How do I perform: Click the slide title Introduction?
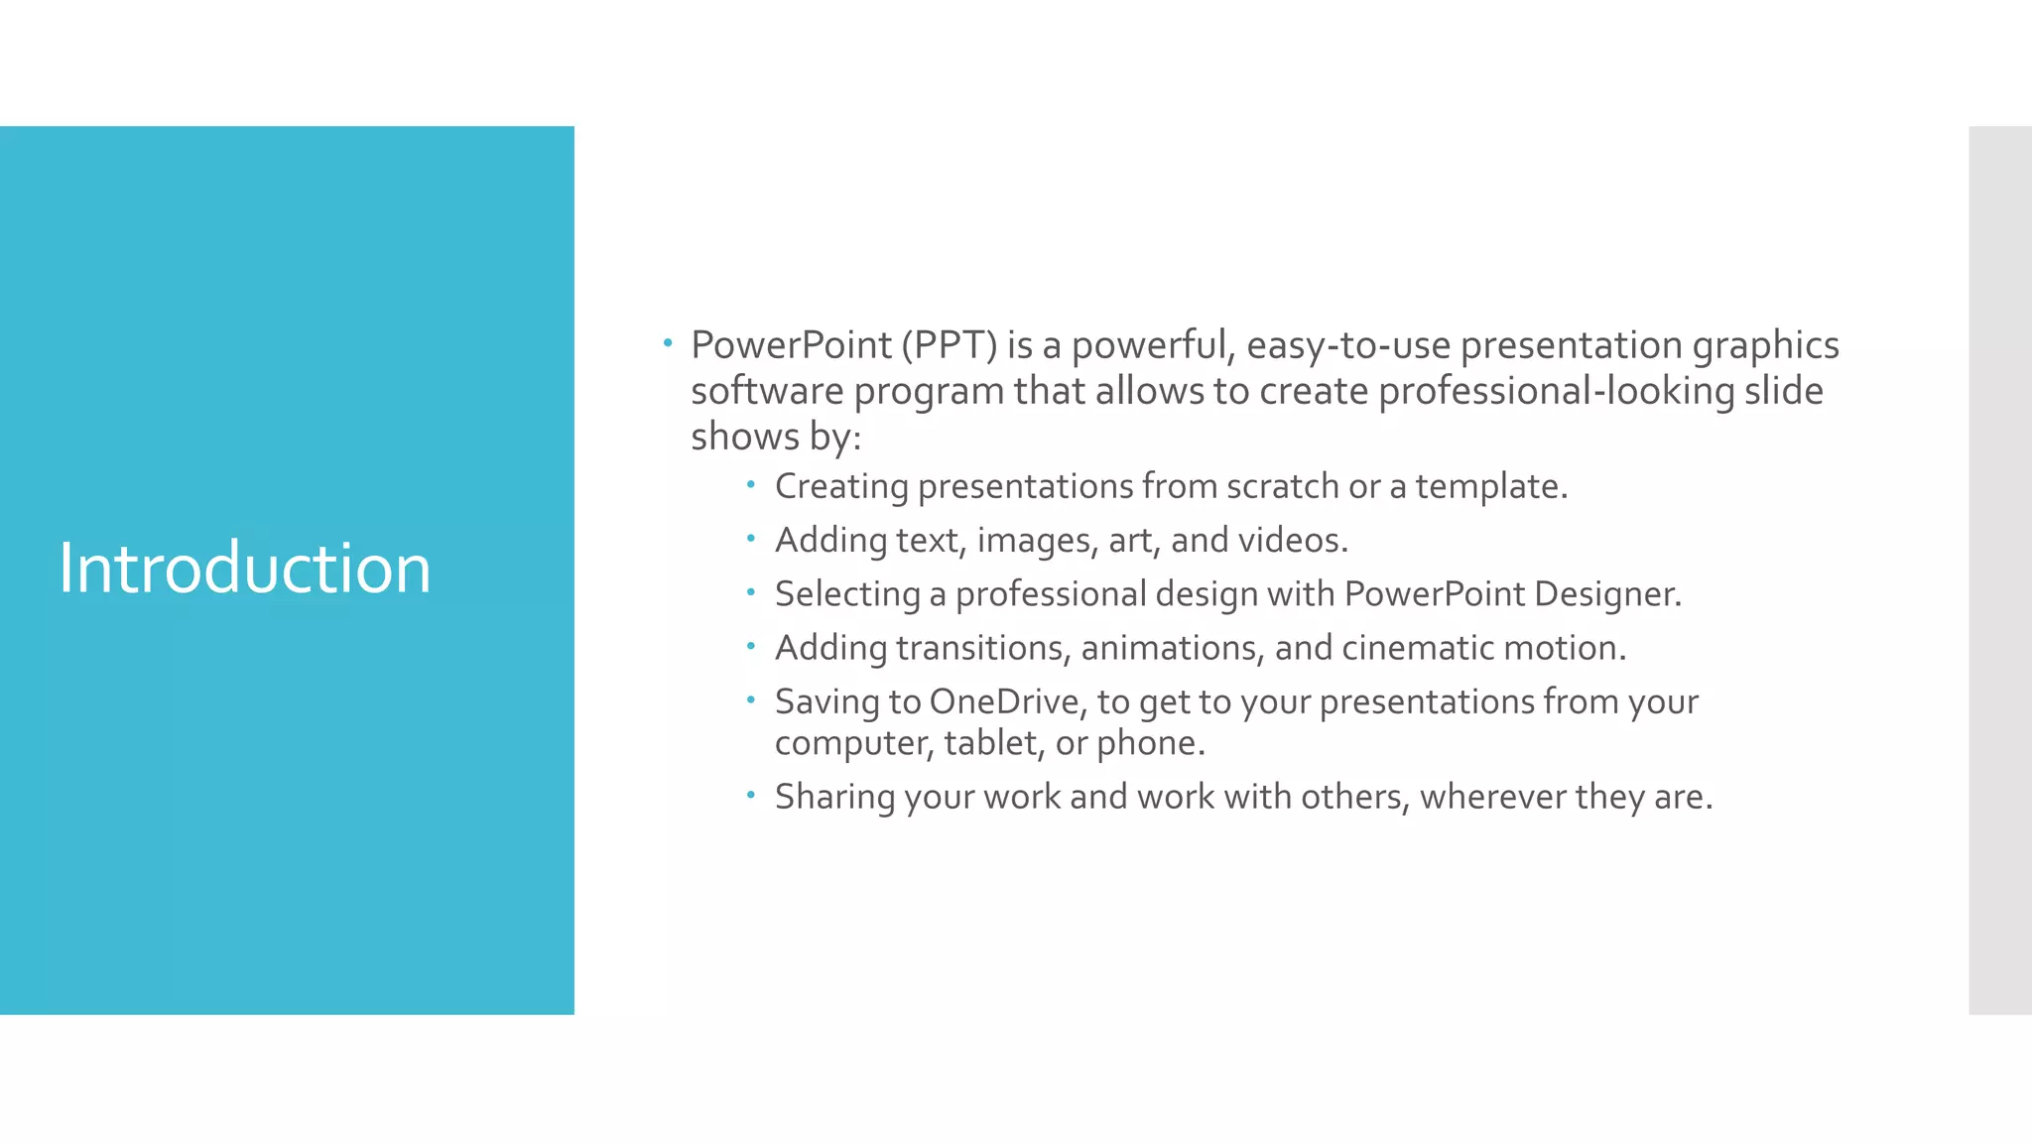click(x=244, y=569)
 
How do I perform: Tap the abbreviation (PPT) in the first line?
click(x=949, y=345)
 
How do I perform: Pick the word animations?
click(x=1171, y=648)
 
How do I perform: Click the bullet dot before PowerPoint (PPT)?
click(x=669, y=344)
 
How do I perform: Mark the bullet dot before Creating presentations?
click(x=752, y=485)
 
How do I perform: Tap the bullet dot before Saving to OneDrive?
click(x=752, y=700)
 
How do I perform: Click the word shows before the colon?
click(x=744, y=437)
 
